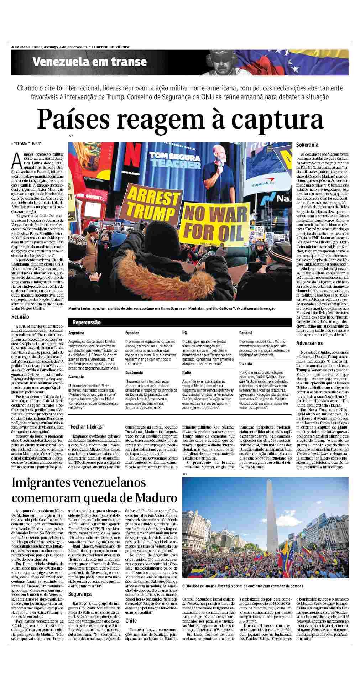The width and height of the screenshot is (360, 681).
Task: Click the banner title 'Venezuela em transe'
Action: tap(89, 62)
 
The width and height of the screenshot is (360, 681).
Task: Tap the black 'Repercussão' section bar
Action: tap(87, 323)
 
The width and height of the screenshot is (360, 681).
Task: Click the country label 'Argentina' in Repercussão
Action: tap(77, 333)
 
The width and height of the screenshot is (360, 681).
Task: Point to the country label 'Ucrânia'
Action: tap(246, 363)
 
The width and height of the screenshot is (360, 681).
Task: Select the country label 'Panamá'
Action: tap(246, 333)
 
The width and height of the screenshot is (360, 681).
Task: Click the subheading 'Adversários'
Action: tap(309, 343)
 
